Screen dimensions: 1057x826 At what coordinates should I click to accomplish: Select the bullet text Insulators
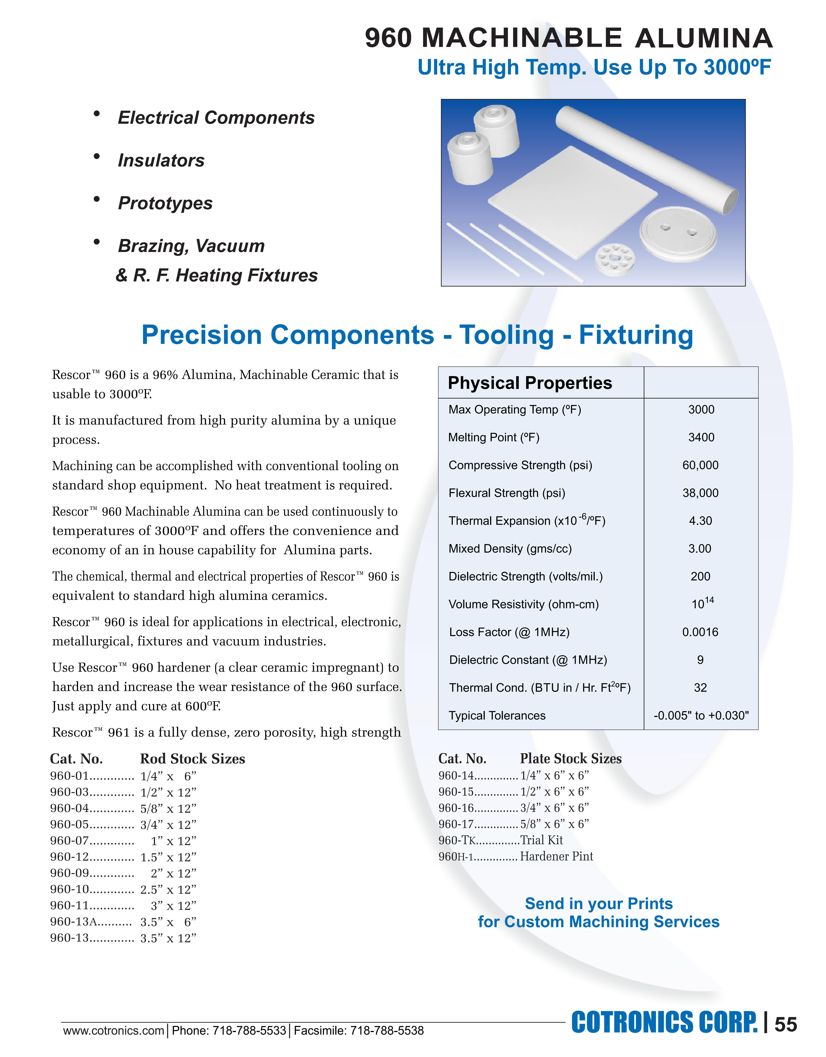coord(161,161)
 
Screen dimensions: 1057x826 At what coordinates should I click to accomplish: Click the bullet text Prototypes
coord(165,203)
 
